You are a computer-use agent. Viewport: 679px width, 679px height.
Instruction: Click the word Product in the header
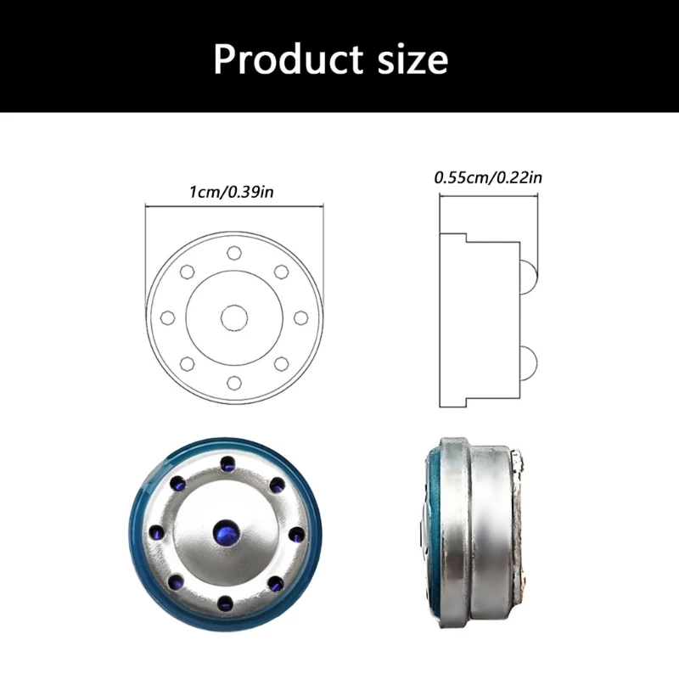pos(288,59)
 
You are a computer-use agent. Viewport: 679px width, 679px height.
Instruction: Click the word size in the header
pos(413,60)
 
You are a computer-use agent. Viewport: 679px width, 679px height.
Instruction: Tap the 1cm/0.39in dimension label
pos(232,192)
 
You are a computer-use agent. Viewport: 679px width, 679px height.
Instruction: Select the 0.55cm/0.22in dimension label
pos(488,177)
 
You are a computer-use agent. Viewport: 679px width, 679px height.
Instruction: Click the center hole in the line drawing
pos(234,317)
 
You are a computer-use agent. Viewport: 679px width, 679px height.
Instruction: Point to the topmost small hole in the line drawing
pos(234,252)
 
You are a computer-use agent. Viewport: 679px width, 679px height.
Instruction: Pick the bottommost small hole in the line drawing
pos(234,383)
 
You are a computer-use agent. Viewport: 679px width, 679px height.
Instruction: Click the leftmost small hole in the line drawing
pos(167,317)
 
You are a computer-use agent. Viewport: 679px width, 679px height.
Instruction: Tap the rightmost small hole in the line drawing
pos(300,317)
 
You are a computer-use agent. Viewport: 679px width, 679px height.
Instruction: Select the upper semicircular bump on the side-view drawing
pos(528,278)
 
